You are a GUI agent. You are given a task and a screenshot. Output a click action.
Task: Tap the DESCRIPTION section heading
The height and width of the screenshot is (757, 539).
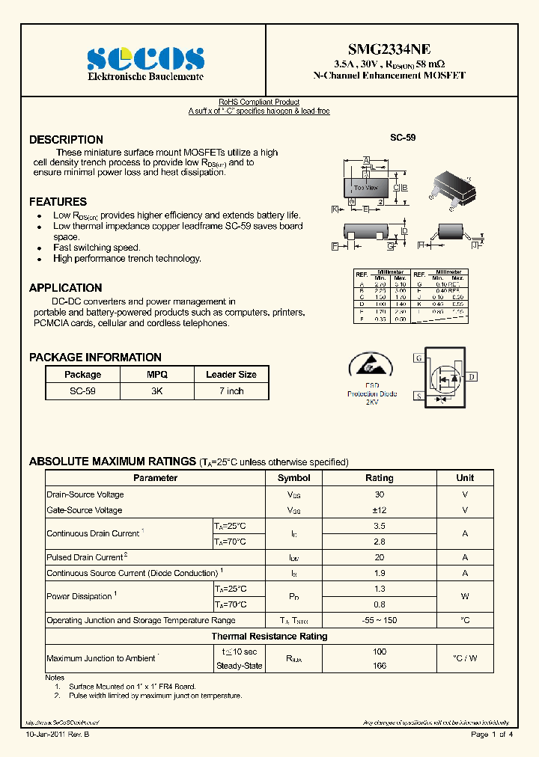click(66, 140)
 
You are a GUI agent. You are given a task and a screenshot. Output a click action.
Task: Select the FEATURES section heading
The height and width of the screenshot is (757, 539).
click(58, 202)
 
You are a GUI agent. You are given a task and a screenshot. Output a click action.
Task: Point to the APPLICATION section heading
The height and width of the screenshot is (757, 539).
click(65, 288)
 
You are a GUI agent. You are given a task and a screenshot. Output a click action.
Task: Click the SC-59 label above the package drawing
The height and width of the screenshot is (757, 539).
click(403, 138)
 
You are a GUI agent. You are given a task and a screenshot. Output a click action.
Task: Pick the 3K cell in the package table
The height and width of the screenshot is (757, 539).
click(157, 391)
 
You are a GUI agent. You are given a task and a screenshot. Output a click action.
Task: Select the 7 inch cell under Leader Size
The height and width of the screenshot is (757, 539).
click(231, 391)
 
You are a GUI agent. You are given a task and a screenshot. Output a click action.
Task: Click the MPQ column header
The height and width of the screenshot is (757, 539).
click(157, 375)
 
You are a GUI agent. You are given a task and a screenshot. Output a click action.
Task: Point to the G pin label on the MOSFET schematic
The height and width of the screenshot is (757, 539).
click(418, 358)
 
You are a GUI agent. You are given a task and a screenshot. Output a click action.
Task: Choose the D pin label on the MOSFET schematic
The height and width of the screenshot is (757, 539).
click(472, 377)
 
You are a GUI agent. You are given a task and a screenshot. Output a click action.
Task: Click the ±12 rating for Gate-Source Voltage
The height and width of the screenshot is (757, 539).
click(379, 510)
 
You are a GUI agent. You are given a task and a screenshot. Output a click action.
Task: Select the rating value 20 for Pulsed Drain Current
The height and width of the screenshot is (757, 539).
click(379, 557)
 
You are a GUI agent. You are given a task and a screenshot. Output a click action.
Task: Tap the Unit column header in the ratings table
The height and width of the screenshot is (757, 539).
click(465, 478)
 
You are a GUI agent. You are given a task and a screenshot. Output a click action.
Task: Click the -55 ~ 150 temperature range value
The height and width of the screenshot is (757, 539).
click(379, 620)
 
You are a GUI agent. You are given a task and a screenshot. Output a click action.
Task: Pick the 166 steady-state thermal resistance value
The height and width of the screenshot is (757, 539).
click(379, 666)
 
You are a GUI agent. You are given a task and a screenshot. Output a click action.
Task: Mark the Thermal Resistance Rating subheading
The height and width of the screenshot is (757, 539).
click(269, 637)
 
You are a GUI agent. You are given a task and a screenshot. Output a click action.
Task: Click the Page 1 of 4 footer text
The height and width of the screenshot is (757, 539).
click(491, 735)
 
